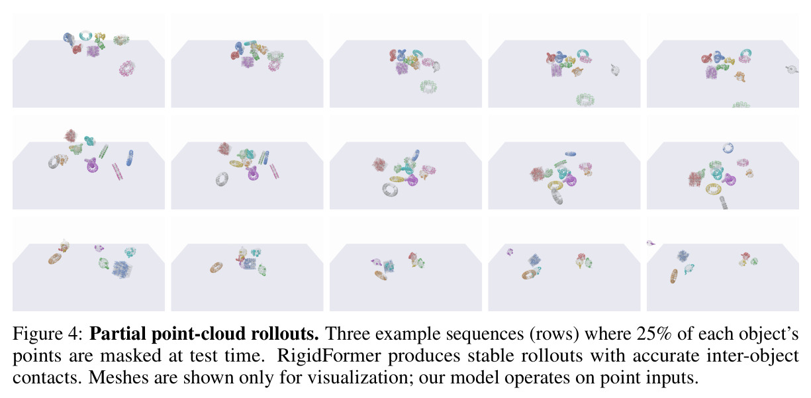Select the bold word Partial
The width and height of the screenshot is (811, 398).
click(x=117, y=333)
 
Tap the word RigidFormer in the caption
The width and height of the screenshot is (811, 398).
click(x=328, y=356)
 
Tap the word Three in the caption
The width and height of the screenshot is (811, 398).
click(x=347, y=333)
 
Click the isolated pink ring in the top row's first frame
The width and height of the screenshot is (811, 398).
click(x=126, y=68)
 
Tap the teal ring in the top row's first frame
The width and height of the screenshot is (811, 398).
click(x=86, y=35)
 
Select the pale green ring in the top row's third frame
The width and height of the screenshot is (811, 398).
click(x=428, y=87)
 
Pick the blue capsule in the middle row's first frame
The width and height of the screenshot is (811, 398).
click(x=130, y=158)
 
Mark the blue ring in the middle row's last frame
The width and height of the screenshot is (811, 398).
click(x=728, y=148)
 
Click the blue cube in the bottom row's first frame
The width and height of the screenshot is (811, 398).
click(x=122, y=269)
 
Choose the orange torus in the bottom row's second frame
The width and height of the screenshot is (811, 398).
click(x=216, y=268)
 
